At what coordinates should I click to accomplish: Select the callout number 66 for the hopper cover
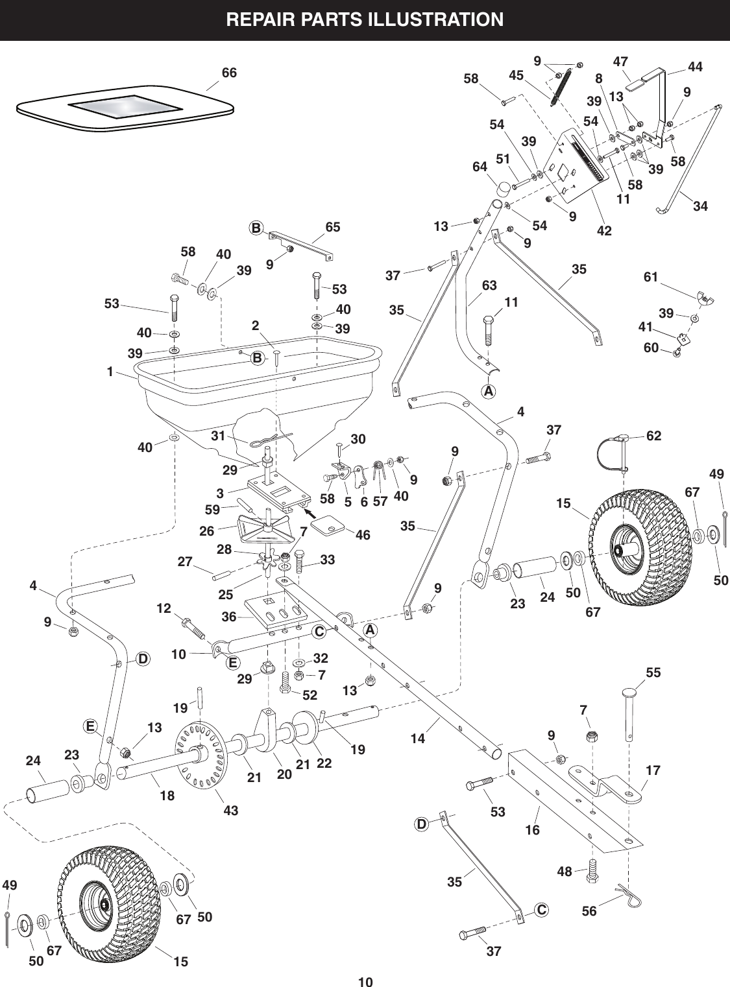coord(229,73)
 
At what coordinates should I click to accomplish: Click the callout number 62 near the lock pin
coord(653,436)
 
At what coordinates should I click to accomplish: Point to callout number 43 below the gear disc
coord(230,810)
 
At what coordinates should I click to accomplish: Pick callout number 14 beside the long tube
coord(417,737)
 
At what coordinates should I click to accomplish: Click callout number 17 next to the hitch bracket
coord(653,771)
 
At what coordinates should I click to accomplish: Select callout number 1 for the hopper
coord(110,372)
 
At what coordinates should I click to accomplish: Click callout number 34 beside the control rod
coord(700,207)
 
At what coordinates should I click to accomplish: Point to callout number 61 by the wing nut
coord(650,278)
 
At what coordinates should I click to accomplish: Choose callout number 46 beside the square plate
coord(363,535)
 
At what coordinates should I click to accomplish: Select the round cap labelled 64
coord(502,189)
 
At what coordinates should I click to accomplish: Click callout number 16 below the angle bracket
coord(532,829)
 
